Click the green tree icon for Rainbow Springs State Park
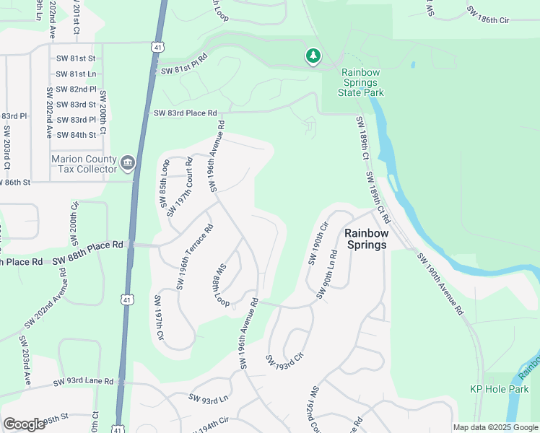(x=313, y=56)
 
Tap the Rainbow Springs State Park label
(x=362, y=82)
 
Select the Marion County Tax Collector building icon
(x=128, y=163)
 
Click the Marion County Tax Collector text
(x=84, y=164)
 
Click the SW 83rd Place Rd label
(x=185, y=113)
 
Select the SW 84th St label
(x=76, y=135)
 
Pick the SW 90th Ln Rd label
(x=326, y=275)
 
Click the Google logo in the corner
(x=25, y=424)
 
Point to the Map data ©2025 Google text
(x=495, y=427)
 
